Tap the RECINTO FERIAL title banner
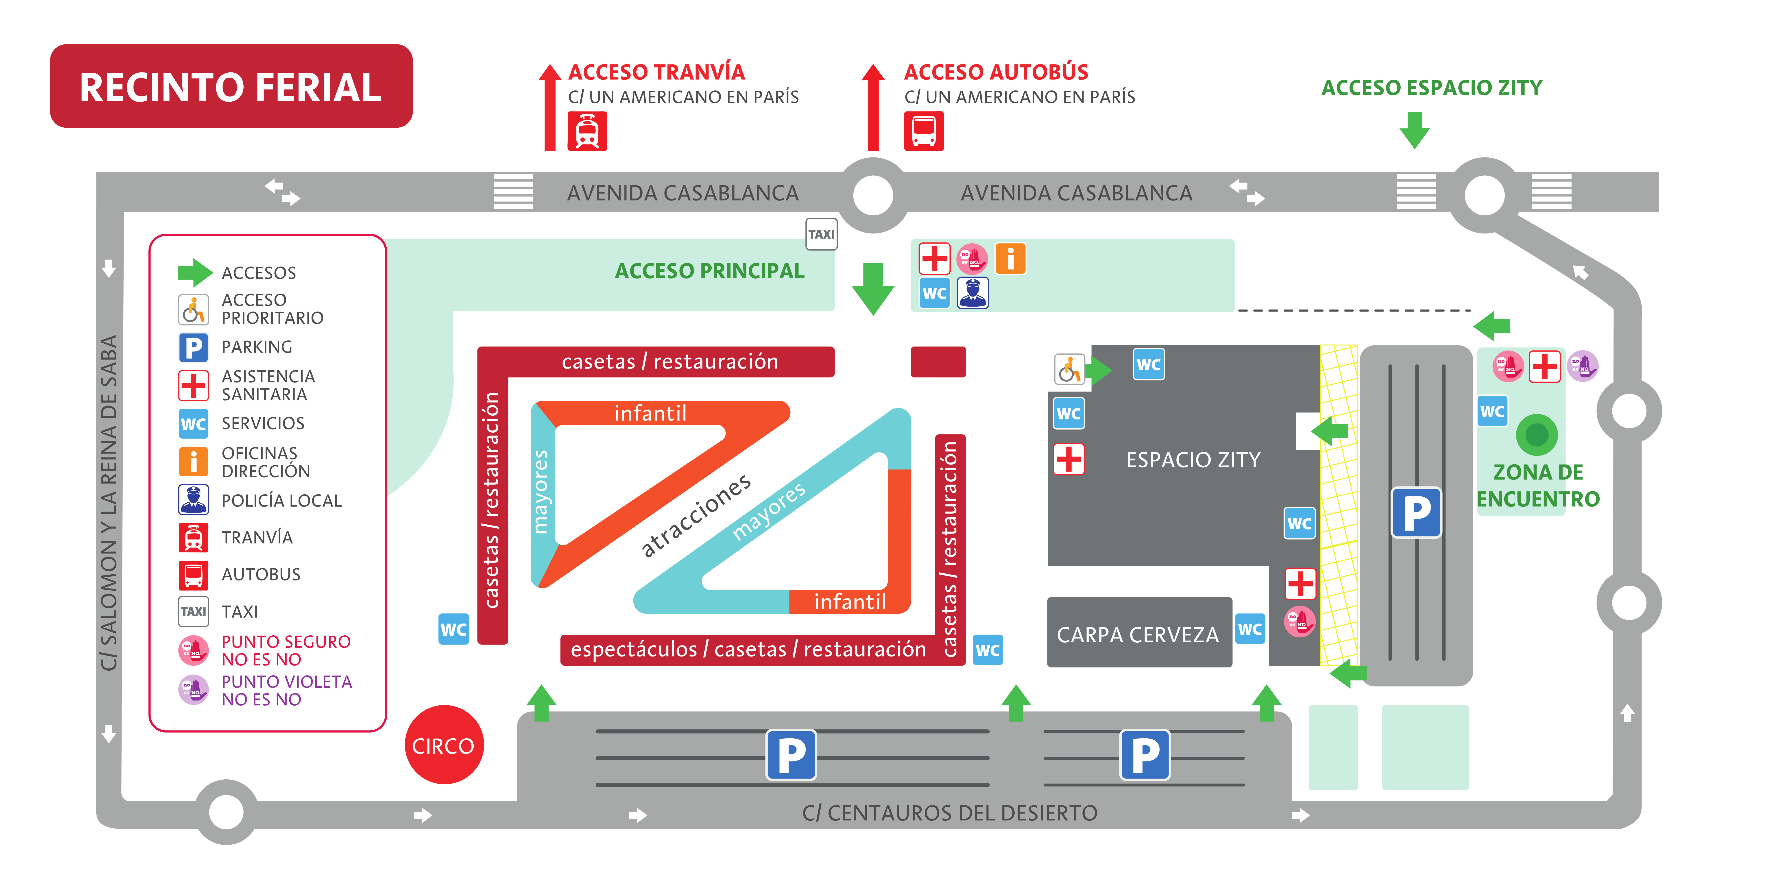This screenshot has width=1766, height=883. [231, 86]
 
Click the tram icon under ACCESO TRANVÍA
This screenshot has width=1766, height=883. [587, 131]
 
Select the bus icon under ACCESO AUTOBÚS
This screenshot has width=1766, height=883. [923, 131]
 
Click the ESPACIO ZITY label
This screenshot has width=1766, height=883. [1193, 459]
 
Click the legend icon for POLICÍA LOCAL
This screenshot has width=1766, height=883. [193, 500]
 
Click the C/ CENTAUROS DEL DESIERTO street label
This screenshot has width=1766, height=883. [949, 813]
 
